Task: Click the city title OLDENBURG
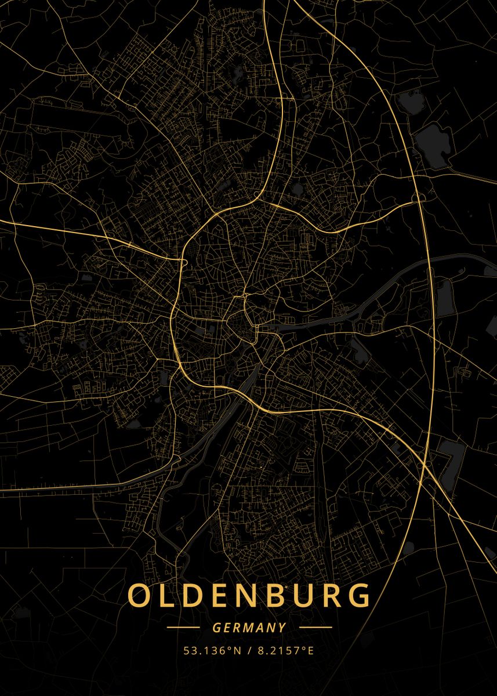click(x=248, y=595)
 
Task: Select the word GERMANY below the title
click(x=249, y=628)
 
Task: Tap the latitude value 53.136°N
click(x=212, y=650)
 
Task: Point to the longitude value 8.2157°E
click(x=284, y=650)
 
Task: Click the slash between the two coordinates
click(x=249, y=650)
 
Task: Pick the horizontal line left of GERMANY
click(x=183, y=628)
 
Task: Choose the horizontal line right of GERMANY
click(x=315, y=628)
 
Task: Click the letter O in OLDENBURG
click(x=139, y=595)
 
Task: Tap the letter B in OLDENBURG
click(x=270, y=595)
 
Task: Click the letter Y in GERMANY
click(x=282, y=628)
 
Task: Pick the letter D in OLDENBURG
click(x=191, y=595)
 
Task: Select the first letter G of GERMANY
click(x=216, y=628)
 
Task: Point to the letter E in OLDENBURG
click(x=217, y=595)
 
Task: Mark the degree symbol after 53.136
click(x=230, y=647)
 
